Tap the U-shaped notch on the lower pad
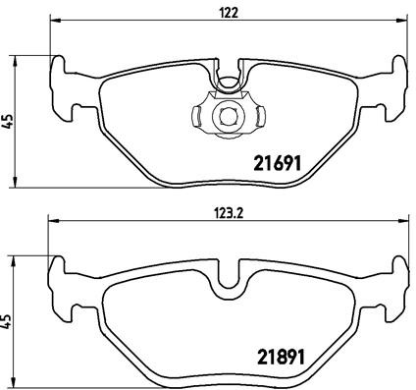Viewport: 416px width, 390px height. (x=229, y=278)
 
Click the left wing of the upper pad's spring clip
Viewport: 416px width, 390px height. (x=202, y=115)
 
